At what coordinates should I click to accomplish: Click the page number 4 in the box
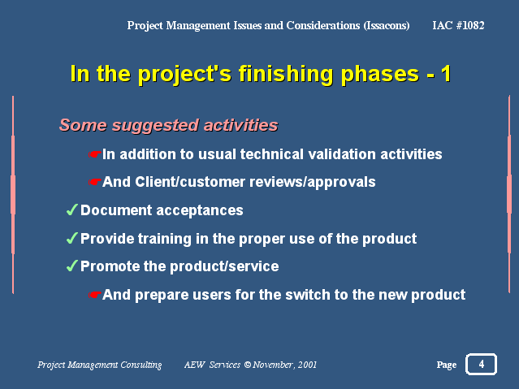click(482, 364)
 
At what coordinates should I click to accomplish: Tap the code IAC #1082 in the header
click(458, 25)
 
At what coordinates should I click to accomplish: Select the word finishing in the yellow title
click(286, 74)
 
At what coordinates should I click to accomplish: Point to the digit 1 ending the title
click(446, 73)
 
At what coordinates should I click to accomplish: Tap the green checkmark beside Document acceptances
click(71, 210)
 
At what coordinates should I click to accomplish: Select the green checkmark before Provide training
click(71, 238)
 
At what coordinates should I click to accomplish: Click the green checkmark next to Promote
click(71, 266)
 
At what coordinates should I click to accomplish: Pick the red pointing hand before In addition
click(95, 154)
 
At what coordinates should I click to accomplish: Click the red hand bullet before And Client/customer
click(95, 182)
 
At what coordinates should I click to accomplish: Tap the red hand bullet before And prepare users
click(95, 295)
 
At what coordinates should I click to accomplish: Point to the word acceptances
click(199, 210)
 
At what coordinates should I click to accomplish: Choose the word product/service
click(224, 266)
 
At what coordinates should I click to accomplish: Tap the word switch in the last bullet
click(307, 295)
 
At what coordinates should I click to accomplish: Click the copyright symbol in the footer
click(247, 365)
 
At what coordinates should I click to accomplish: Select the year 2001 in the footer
click(307, 365)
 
